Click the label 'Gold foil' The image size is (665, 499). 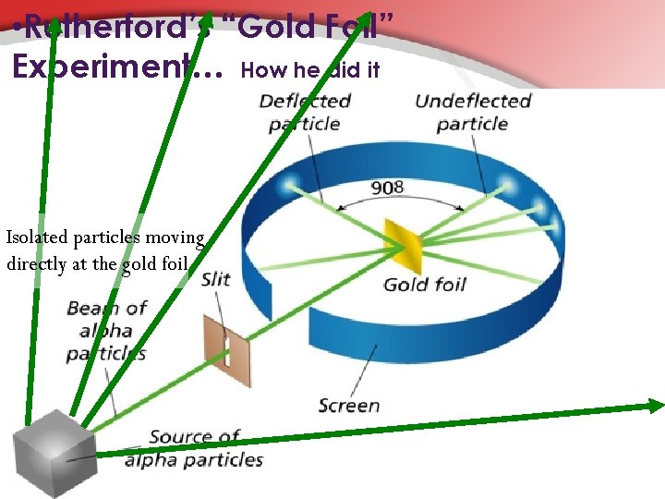coord(424,284)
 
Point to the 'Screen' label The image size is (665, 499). coord(349,405)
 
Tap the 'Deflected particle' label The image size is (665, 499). coord(305,112)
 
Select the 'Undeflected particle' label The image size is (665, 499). coord(473,112)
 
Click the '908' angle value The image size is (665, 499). coord(387,188)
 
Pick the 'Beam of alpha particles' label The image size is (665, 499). coord(107,331)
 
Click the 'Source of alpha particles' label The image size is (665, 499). coord(194,447)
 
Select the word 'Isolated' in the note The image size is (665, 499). coord(38,237)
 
